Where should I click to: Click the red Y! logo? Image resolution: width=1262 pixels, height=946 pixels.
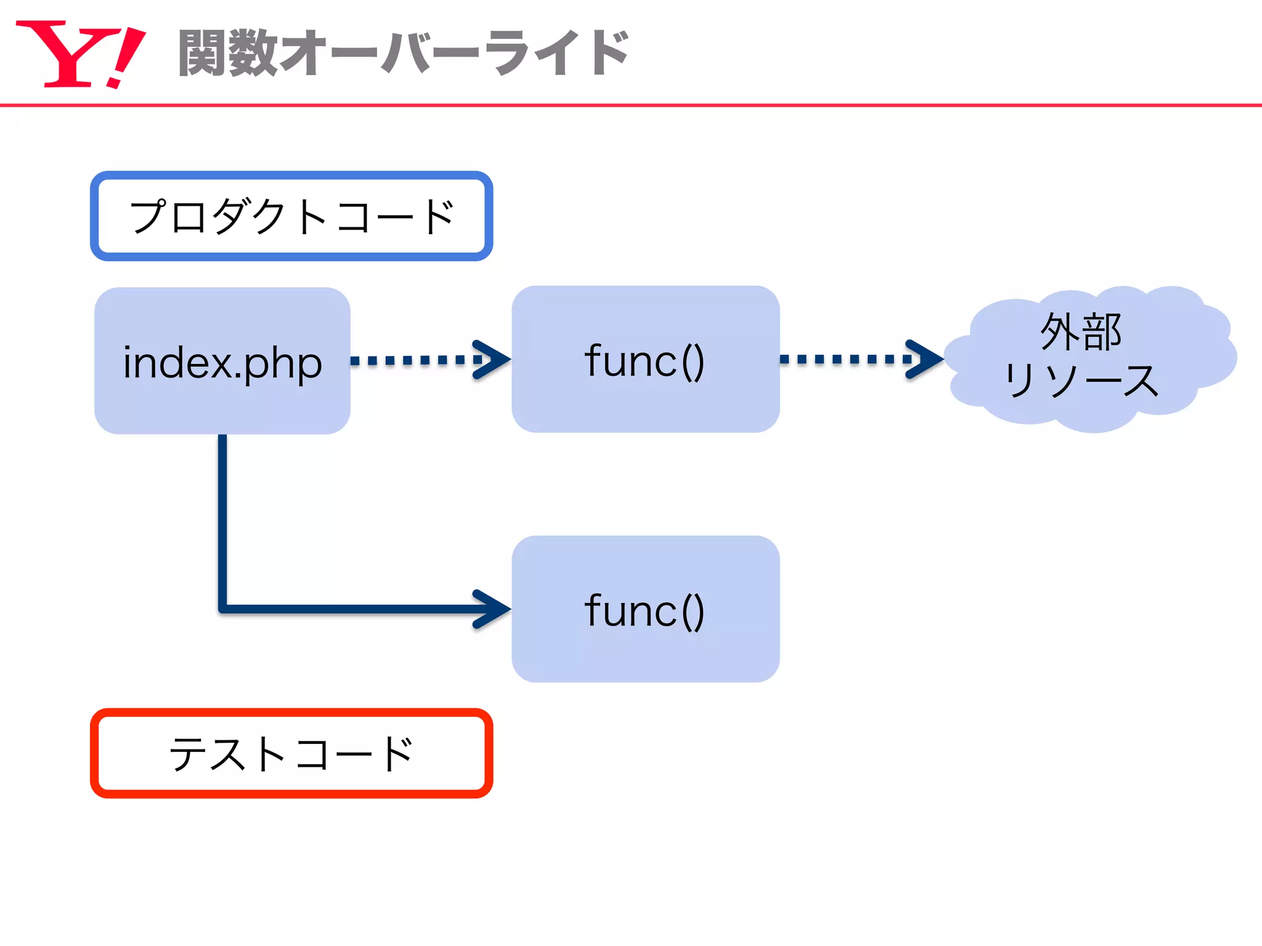click(x=80, y=54)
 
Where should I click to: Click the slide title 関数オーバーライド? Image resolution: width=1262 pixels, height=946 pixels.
click(x=404, y=53)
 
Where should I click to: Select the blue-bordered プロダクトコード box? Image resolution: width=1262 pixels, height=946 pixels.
click(x=291, y=216)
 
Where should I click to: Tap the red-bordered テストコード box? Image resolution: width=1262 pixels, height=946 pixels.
click(x=291, y=753)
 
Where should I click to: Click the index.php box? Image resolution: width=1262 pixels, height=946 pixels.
click(x=222, y=361)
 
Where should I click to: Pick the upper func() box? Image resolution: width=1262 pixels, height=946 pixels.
click(x=645, y=359)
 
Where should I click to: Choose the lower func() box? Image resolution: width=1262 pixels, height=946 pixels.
click(x=645, y=608)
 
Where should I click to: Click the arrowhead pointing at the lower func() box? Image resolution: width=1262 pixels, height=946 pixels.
click(x=493, y=609)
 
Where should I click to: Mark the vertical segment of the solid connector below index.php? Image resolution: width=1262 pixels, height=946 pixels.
click(x=222, y=517)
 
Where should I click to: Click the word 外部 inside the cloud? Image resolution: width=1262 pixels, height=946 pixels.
click(x=1081, y=332)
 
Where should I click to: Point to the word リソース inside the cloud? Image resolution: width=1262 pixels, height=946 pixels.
click(x=1081, y=380)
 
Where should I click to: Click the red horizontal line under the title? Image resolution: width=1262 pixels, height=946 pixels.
click(x=631, y=105)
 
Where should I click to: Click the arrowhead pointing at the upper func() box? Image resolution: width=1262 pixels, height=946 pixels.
click(x=493, y=360)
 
